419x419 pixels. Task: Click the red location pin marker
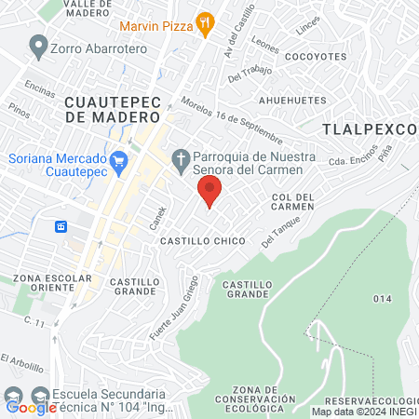tap(209, 191)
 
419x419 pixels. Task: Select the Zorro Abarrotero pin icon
tap(38, 44)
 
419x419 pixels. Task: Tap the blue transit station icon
tap(62, 226)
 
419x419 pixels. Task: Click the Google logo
tap(31, 407)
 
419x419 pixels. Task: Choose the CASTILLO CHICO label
tap(202, 241)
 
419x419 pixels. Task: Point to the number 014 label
tap(383, 298)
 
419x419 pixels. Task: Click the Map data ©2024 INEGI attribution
tap(363, 412)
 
